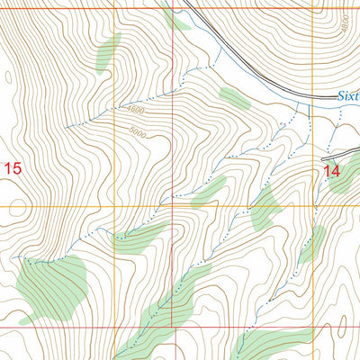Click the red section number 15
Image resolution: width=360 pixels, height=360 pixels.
point(12,167)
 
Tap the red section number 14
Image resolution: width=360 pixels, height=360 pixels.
point(333,169)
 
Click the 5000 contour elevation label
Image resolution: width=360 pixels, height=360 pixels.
point(137,132)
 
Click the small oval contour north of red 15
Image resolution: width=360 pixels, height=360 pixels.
point(9,79)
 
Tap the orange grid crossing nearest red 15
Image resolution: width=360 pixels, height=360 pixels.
point(114,206)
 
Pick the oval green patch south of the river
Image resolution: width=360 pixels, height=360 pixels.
point(234,97)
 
